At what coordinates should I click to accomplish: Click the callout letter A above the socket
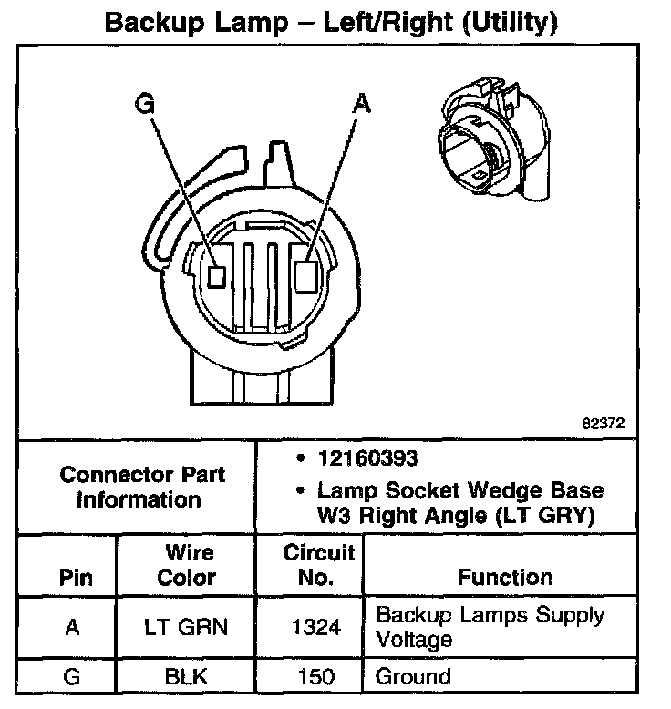361,106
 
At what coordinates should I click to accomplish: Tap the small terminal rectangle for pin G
217,275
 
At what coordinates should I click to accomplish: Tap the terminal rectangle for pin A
308,273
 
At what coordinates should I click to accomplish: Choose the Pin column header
76,578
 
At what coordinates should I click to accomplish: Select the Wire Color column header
186,565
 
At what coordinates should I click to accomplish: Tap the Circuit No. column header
318,565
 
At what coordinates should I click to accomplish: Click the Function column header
505,578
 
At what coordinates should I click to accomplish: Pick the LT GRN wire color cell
186,627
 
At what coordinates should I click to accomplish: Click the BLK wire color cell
186,677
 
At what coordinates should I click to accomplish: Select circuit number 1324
318,627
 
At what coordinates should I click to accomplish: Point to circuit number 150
318,677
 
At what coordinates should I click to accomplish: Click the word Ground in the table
413,677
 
